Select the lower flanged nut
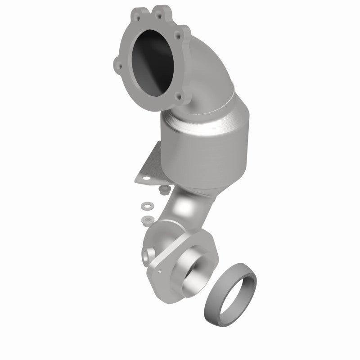146,220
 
